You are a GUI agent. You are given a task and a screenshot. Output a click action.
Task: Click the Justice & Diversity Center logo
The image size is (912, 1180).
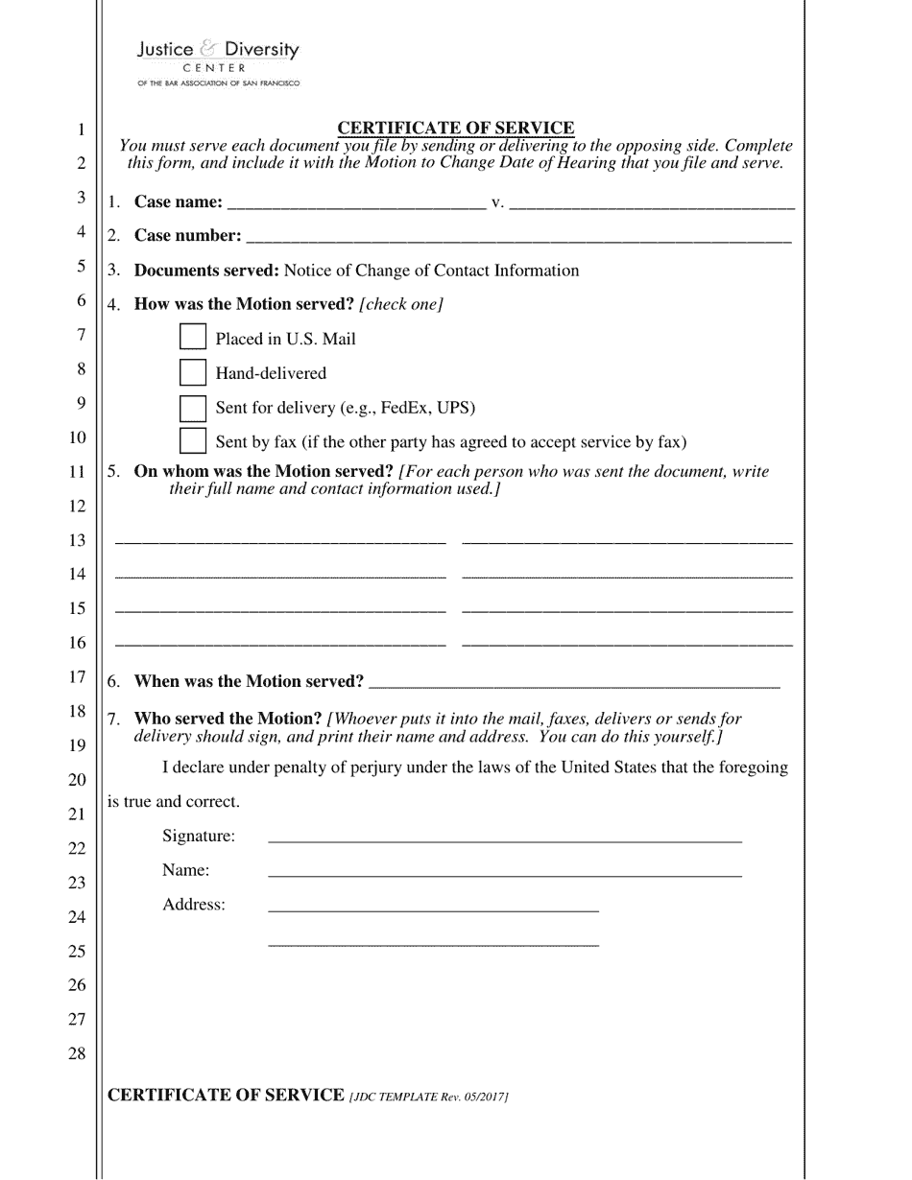tap(218, 62)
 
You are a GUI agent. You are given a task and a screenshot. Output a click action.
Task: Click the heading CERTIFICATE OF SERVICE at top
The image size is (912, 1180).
tap(456, 128)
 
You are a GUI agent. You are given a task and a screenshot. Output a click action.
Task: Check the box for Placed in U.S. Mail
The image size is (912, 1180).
tap(193, 338)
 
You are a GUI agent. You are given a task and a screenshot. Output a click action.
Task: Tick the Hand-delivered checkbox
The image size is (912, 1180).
tap(193, 372)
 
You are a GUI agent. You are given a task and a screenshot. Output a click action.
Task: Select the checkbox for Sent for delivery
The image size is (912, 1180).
tap(193, 407)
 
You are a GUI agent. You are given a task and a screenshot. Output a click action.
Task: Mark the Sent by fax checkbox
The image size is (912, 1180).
tap(193, 441)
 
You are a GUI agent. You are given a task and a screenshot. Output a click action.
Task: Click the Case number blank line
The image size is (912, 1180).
tap(518, 236)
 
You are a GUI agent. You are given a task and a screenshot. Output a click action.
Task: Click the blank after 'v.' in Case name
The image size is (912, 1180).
tap(653, 202)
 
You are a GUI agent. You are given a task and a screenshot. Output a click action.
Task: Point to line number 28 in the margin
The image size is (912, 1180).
tap(77, 1053)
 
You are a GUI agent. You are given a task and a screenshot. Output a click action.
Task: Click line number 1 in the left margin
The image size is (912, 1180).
tap(81, 130)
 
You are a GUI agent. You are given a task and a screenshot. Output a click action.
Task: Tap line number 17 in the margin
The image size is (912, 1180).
tap(77, 677)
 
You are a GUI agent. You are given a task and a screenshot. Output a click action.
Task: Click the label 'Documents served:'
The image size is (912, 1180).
tap(206, 271)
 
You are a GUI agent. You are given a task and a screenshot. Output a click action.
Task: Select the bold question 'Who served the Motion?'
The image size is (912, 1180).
tap(228, 719)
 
